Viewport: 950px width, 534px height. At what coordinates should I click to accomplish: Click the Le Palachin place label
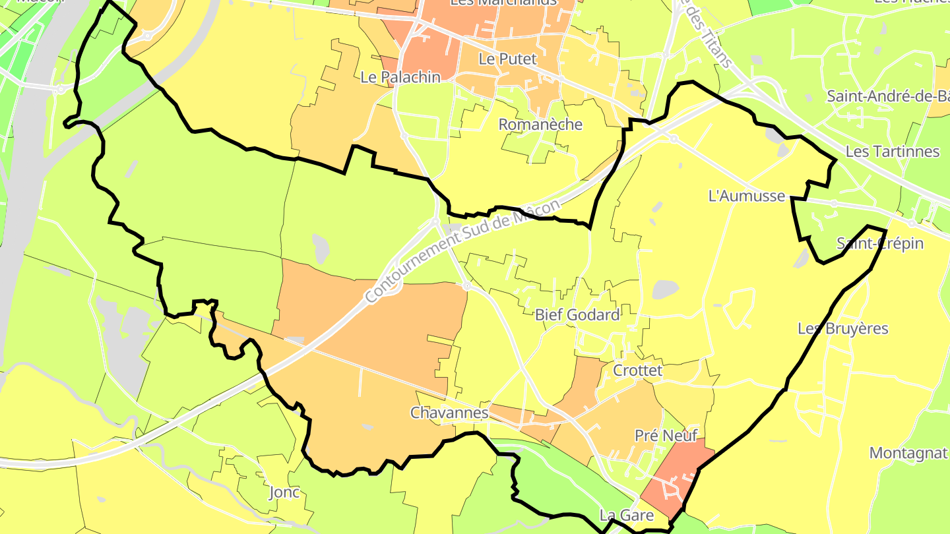(400, 77)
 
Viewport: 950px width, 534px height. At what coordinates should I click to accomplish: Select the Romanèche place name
(540, 125)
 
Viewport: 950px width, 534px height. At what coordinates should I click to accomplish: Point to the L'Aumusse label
(746, 196)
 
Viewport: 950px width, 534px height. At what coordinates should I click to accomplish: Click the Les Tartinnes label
(892, 152)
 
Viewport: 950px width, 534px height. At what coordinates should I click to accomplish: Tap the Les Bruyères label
(843, 328)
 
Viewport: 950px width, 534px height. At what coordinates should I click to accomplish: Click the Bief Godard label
(577, 315)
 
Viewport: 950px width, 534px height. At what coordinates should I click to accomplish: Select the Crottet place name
(637, 371)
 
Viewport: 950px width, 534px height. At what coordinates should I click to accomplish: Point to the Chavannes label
(449, 413)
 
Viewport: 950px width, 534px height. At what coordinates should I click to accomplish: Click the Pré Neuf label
(666, 436)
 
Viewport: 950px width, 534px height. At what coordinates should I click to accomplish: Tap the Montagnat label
(908, 453)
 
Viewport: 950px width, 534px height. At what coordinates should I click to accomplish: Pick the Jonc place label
(284, 492)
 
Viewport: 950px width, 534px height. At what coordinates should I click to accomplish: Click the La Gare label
(626, 516)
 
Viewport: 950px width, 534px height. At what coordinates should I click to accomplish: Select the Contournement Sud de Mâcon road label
(462, 251)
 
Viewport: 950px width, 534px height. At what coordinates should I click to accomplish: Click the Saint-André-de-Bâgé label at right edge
(888, 96)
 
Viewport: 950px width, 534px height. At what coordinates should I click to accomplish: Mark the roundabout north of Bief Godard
(466, 286)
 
